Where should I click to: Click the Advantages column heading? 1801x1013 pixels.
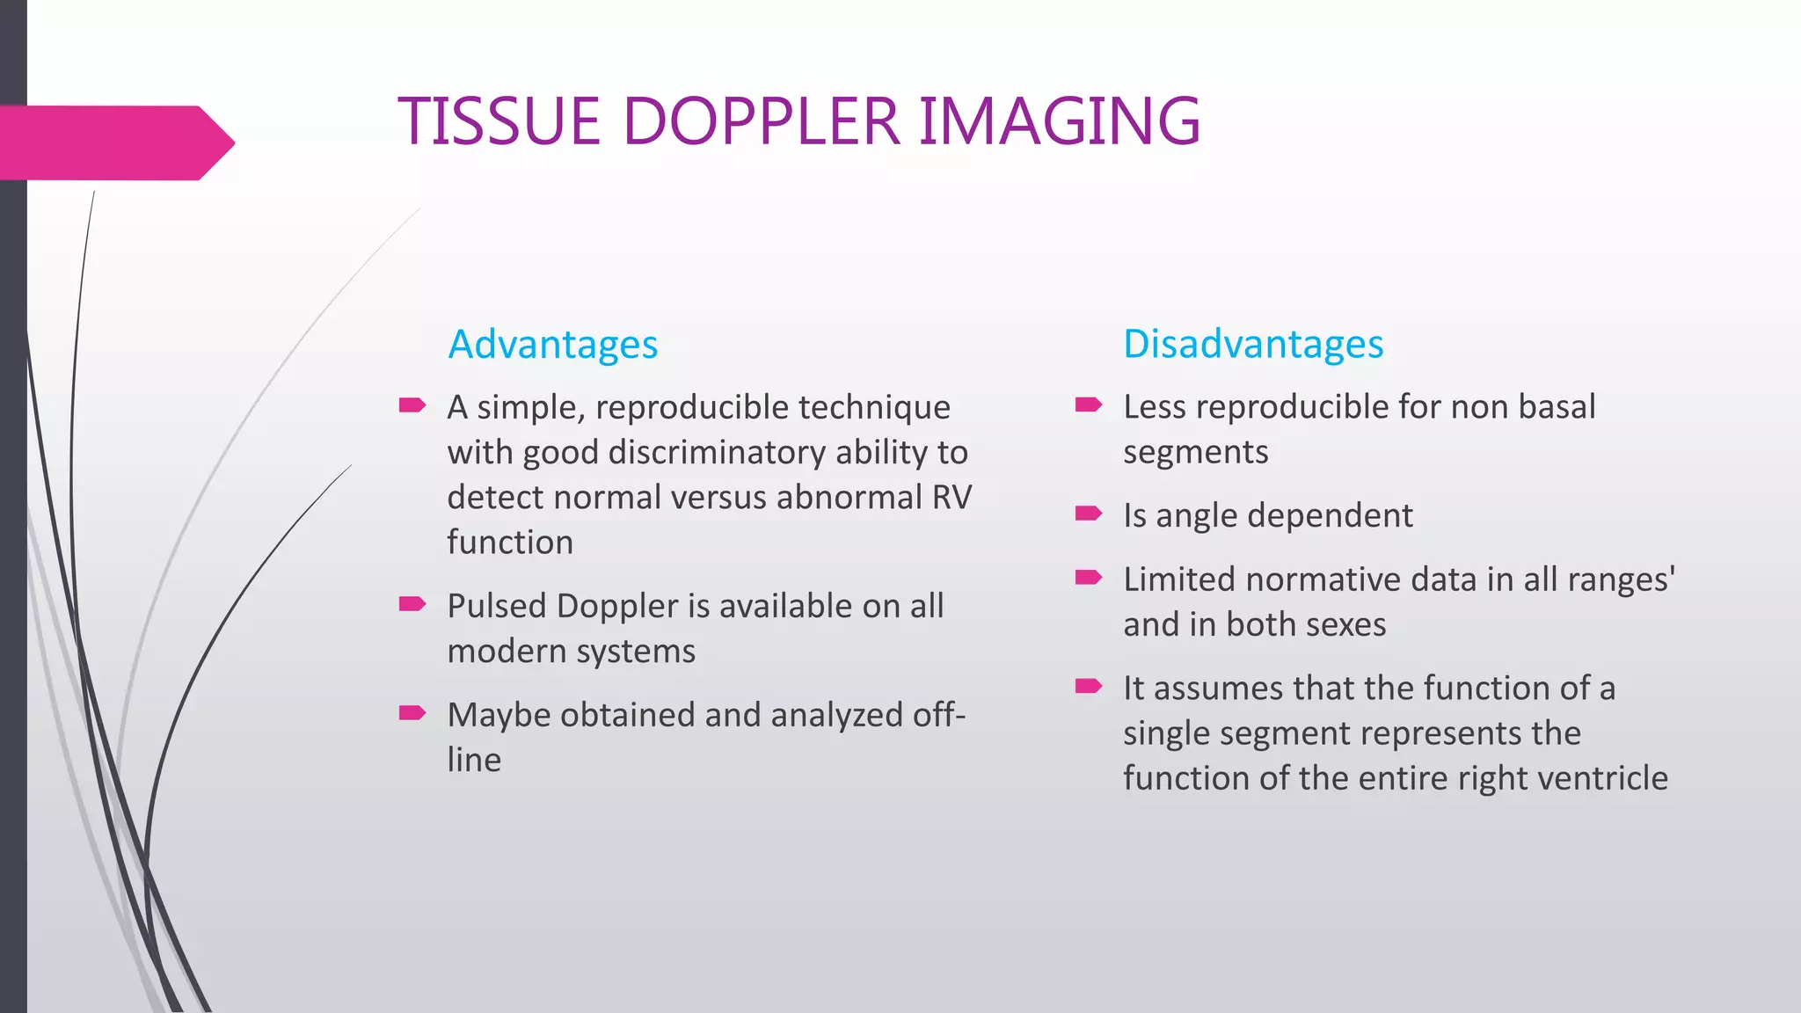click(x=552, y=344)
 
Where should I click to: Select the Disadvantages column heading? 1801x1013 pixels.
click(x=1253, y=344)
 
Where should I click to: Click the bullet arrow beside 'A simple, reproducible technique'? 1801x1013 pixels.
click(x=412, y=405)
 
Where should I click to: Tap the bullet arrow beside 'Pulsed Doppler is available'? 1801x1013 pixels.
click(x=412, y=604)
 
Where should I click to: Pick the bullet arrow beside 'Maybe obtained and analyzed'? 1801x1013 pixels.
click(x=412, y=712)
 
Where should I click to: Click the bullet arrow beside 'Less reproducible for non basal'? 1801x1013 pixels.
click(x=1088, y=404)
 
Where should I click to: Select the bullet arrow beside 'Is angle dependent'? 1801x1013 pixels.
click(x=1088, y=514)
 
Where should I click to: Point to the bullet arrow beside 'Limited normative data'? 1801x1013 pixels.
click(x=1088, y=578)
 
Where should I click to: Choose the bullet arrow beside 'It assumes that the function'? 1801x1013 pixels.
click(x=1088, y=686)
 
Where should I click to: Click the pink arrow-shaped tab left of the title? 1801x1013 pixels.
click(x=114, y=143)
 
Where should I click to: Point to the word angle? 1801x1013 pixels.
click(x=1196, y=517)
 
